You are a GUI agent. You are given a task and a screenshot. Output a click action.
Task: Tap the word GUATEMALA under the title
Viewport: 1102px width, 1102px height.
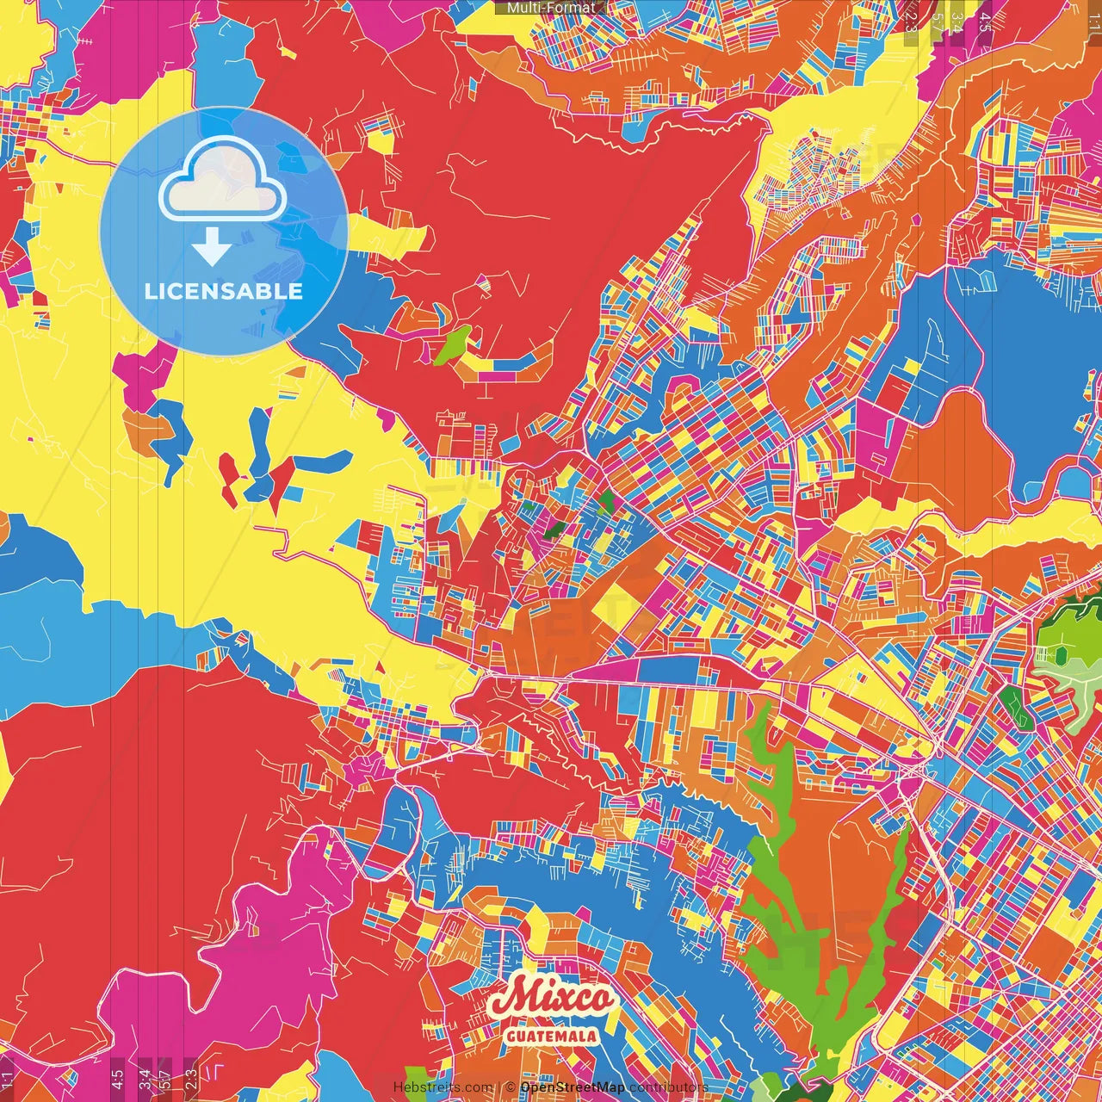pyautogui.click(x=552, y=1036)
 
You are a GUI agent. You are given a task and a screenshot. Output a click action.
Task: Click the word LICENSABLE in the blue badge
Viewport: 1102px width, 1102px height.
pyautogui.click(x=224, y=291)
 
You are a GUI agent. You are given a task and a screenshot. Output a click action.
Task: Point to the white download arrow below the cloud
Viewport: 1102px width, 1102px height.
pyautogui.click(x=211, y=246)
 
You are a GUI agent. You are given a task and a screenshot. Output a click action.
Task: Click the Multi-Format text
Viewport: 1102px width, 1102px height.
pyautogui.click(x=550, y=8)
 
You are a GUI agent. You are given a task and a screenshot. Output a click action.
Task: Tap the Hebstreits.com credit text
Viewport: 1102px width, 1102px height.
pyautogui.click(x=443, y=1087)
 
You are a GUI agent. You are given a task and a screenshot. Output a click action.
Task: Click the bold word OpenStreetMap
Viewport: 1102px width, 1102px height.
pyautogui.click(x=573, y=1087)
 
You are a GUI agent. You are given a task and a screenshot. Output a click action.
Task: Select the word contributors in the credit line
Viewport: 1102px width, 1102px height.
pyautogui.click(x=668, y=1087)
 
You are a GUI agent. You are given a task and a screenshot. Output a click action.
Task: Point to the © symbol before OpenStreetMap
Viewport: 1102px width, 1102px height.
pyautogui.click(x=511, y=1087)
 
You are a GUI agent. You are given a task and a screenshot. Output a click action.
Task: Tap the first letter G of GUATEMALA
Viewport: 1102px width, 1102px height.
pyautogui.click(x=511, y=1036)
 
